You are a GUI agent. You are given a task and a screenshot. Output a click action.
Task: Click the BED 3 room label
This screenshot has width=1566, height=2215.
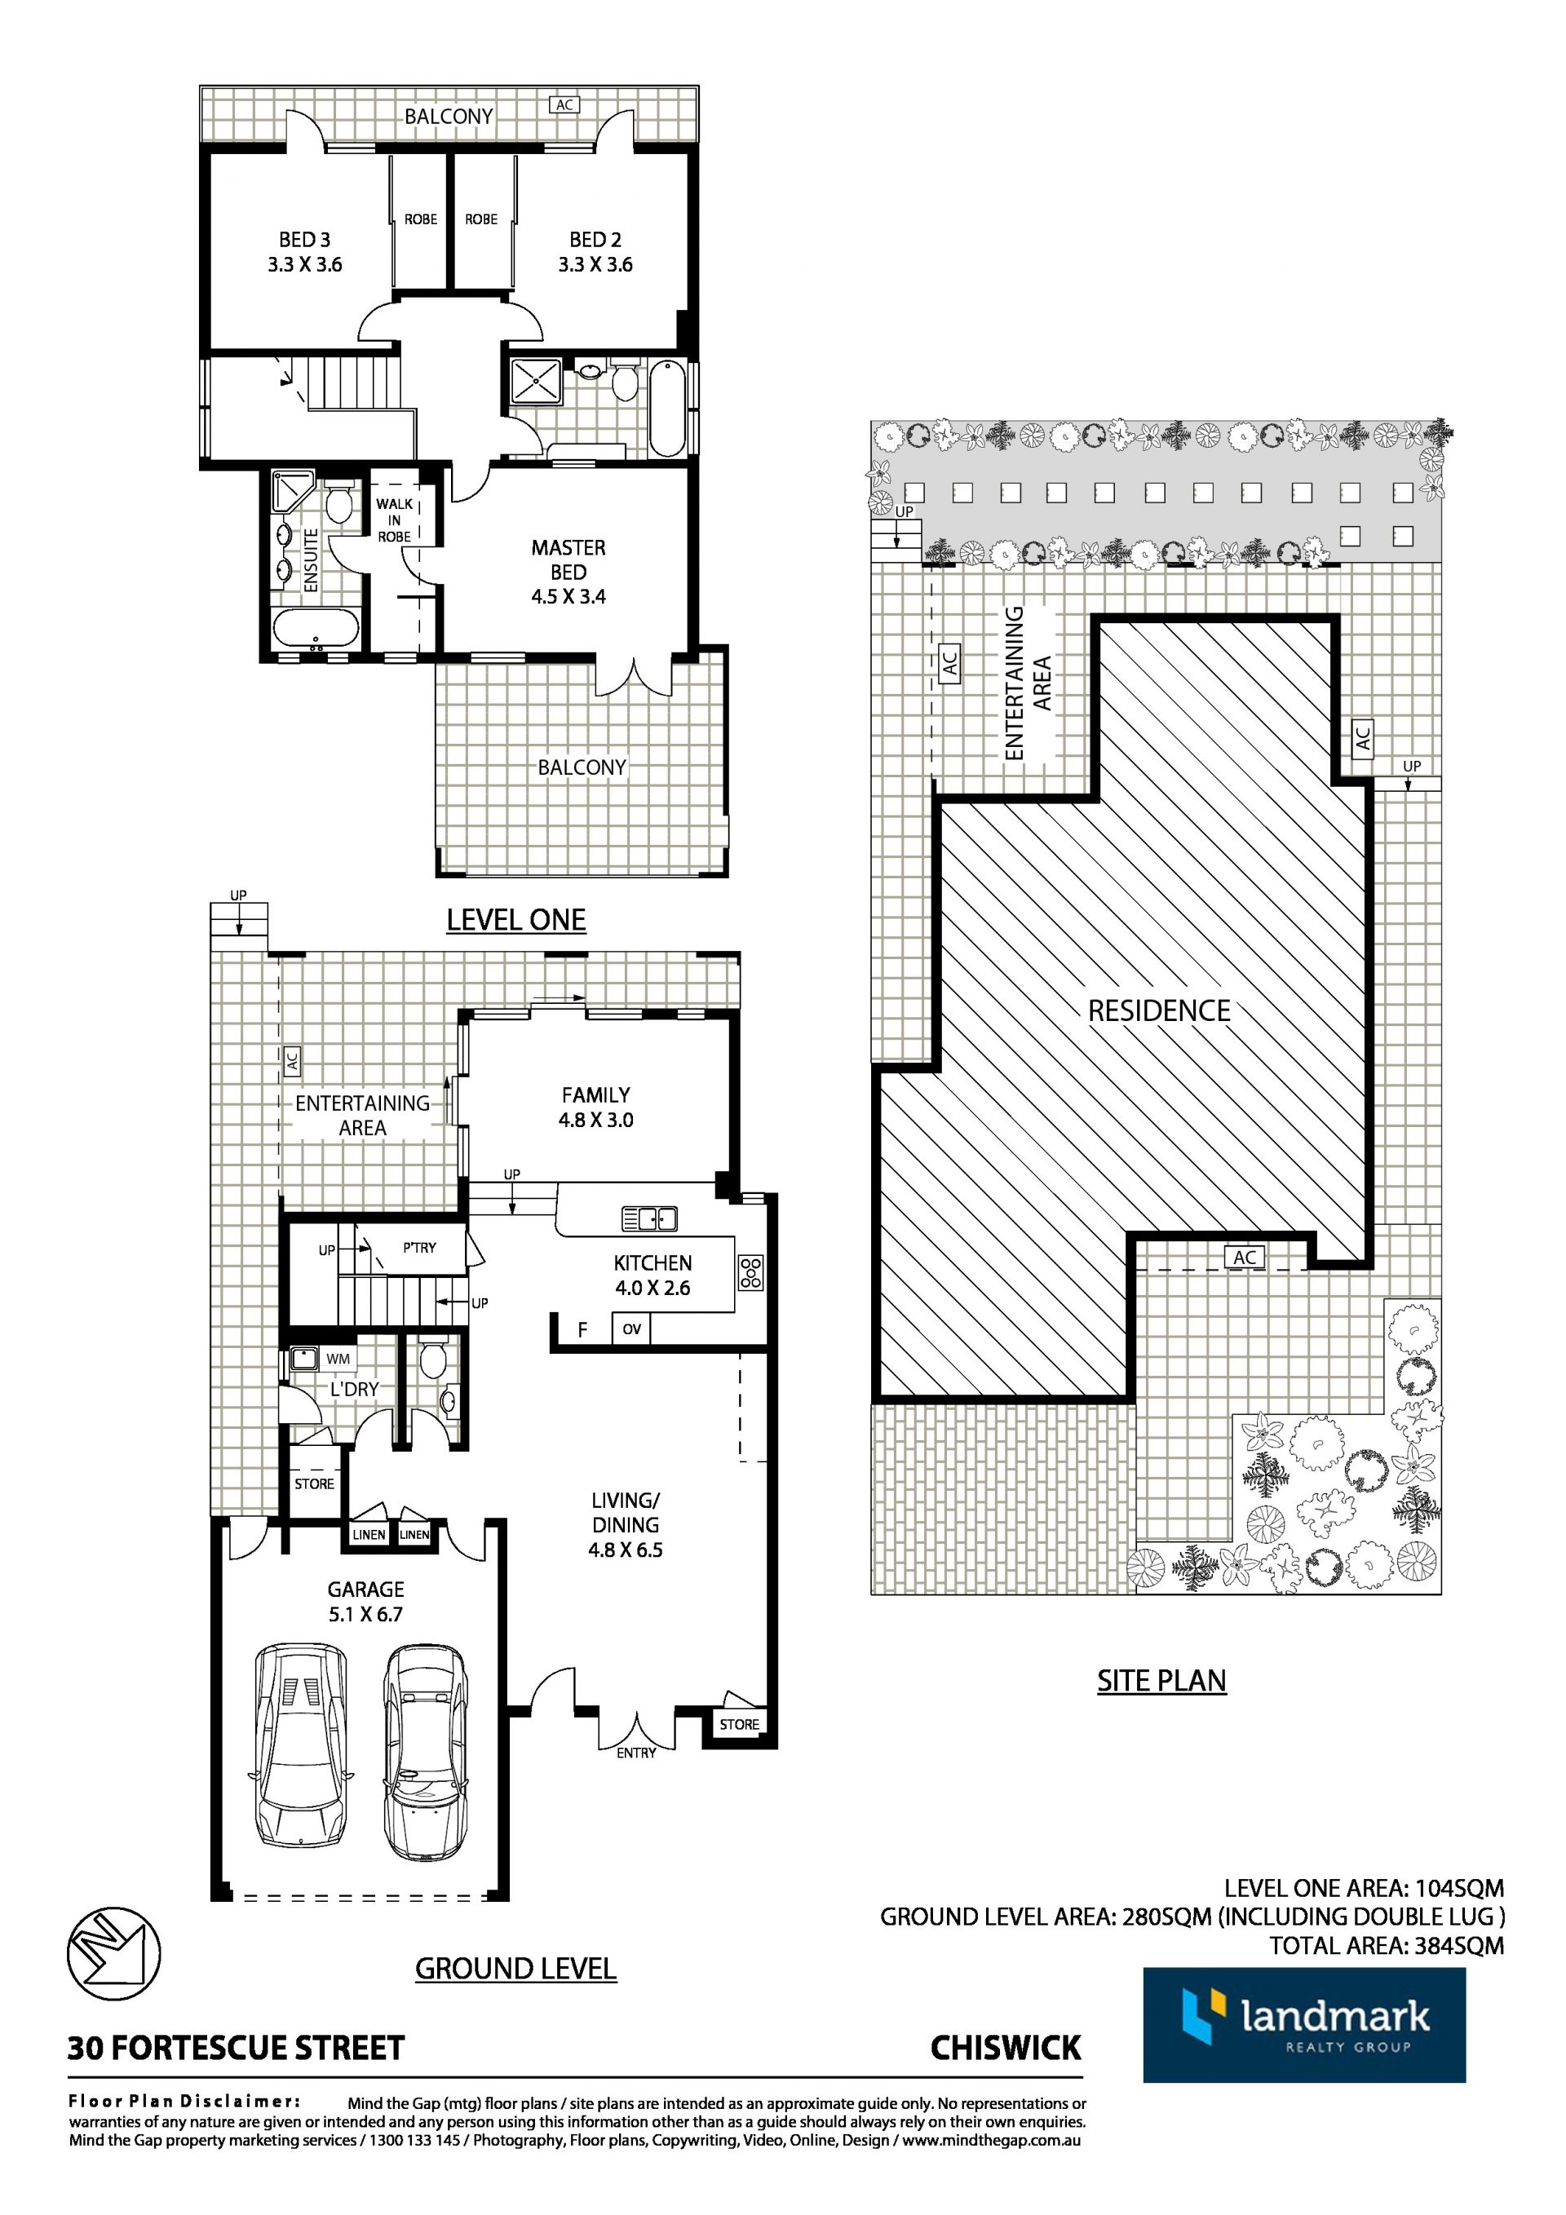pyautogui.click(x=305, y=239)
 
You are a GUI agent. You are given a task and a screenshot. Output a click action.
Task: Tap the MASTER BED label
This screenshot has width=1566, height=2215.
pyautogui.click(x=568, y=559)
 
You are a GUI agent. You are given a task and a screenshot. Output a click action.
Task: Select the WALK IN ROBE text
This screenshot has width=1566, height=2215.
pyautogui.click(x=394, y=520)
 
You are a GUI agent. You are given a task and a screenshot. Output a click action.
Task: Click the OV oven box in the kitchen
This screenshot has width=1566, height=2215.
pyautogui.click(x=631, y=1329)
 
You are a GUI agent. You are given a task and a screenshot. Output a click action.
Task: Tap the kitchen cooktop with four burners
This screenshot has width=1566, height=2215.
pyautogui.click(x=750, y=1272)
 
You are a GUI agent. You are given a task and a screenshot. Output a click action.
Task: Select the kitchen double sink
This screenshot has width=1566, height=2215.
pyautogui.click(x=649, y=1219)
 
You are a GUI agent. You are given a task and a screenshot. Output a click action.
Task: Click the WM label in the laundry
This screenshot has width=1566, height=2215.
pyautogui.click(x=338, y=1359)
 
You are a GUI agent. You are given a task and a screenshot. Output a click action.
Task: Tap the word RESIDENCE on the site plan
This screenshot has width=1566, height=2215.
pyautogui.click(x=1159, y=1011)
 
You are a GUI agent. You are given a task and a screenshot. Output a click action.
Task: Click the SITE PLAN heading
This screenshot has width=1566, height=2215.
pyautogui.click(x=1161, y=1681)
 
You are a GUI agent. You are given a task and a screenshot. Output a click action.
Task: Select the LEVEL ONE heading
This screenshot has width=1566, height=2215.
pyautogui.click(x=516, y=919)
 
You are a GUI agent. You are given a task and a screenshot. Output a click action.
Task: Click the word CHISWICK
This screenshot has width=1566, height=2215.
pyautogui.click(x=1006, y=2048)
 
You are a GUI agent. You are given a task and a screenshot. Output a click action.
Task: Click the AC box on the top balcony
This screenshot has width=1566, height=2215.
pyautogui.click(x=565, y=104)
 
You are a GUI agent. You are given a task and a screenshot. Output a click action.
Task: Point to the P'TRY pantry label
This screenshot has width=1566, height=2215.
pyautogui.click(x=420, y=1248)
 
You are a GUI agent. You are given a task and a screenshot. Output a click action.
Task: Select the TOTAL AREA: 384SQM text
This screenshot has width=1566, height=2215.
pyautogui.click(x=1386, y=1946)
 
